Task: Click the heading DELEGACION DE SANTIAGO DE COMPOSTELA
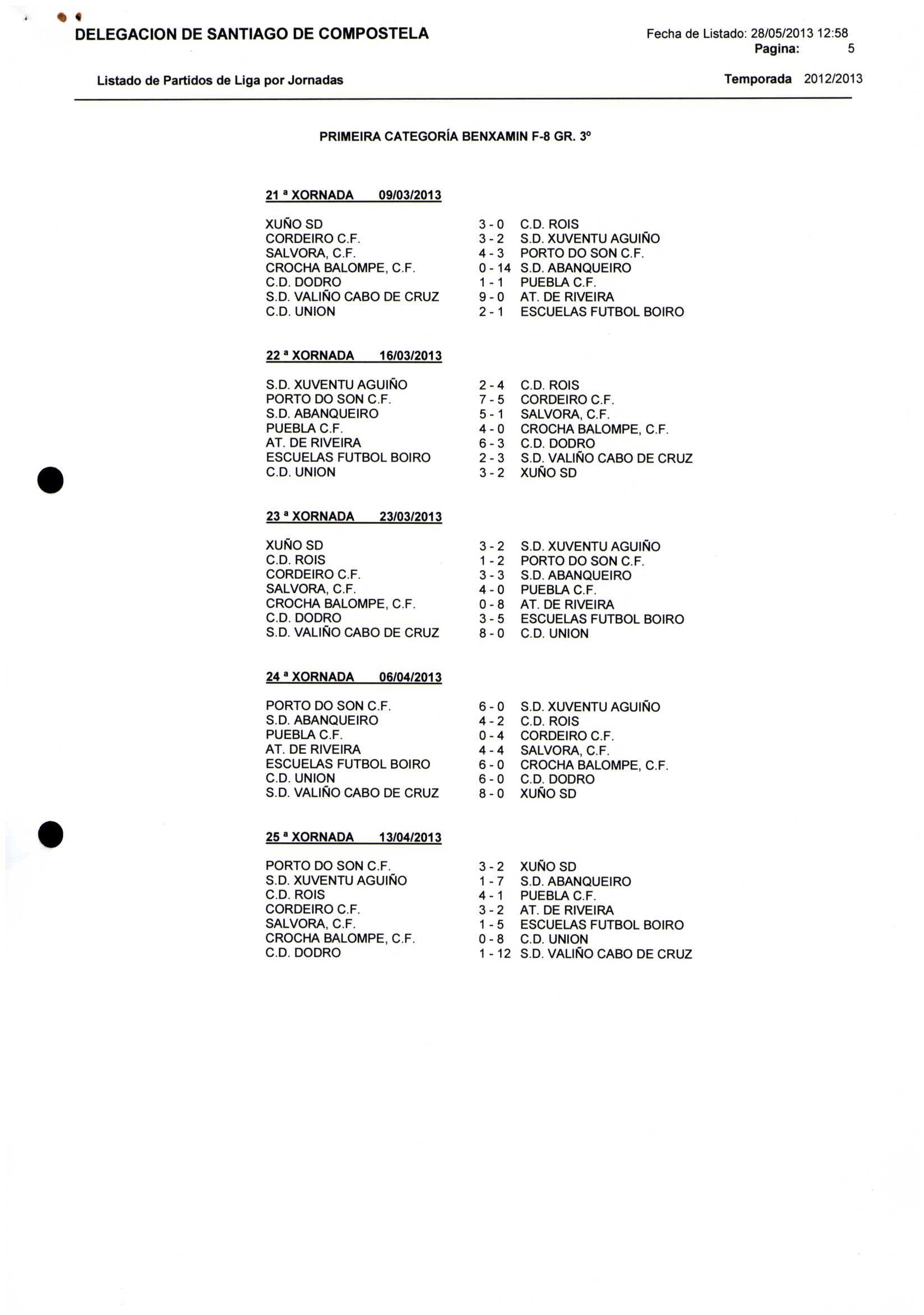click(x=252, y=34)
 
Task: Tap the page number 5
click(x=851, y=49)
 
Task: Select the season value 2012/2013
click(x=833, y=79)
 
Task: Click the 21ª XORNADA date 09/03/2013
click(x=410, y=195)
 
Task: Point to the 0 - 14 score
click(x=495, y=268)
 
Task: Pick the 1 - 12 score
click(x=495, y=954)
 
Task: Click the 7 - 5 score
click(x=492, y=400)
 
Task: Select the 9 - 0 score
click(x=492, y=297)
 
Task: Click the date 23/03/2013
click(x=410, y=517)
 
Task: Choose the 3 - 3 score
click(x=492, y=575)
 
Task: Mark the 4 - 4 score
click(x=492, y=750)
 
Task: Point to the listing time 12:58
click(x=833, y=34)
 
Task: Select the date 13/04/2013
click(x=410, y=838)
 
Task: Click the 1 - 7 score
click(x=492, y=881)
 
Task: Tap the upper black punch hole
click(x=50, y=480)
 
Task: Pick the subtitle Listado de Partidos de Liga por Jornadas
click(x=220, y=80)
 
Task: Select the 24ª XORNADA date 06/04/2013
click(x=410, y=677)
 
